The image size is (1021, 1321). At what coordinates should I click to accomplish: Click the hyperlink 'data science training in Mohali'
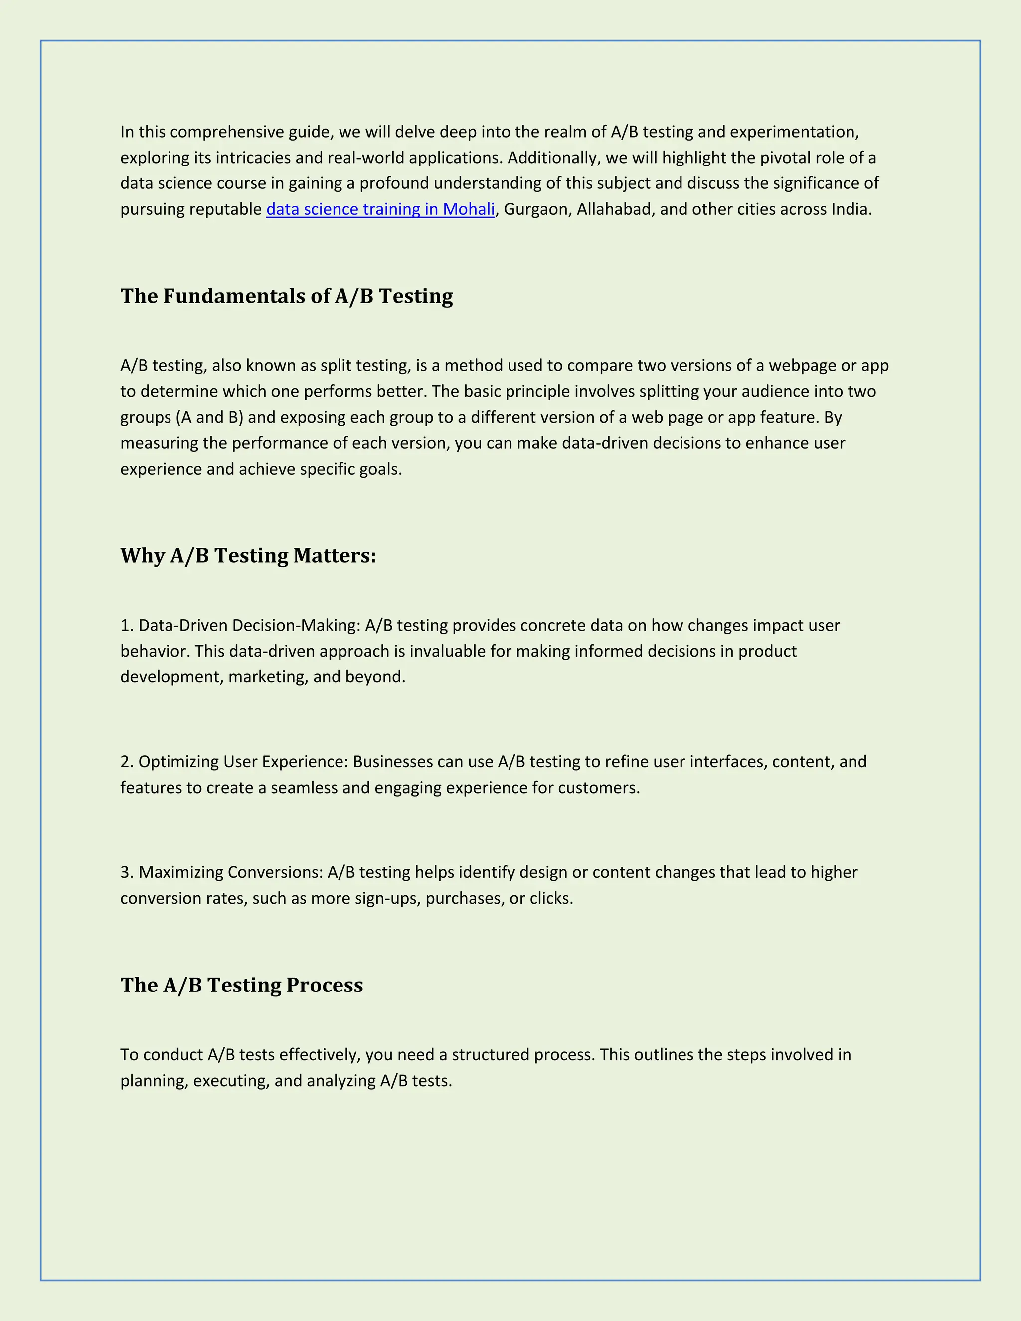(x=380, y=209)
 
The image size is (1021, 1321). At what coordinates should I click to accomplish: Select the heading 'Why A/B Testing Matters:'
(x=248, y=555)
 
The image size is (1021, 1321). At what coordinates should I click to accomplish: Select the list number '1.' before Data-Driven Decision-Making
(x=127, y=626)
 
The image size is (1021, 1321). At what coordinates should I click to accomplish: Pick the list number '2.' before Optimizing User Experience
(x=127, y=762)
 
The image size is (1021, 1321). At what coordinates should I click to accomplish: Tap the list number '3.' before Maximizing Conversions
(x=127, y=872)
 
